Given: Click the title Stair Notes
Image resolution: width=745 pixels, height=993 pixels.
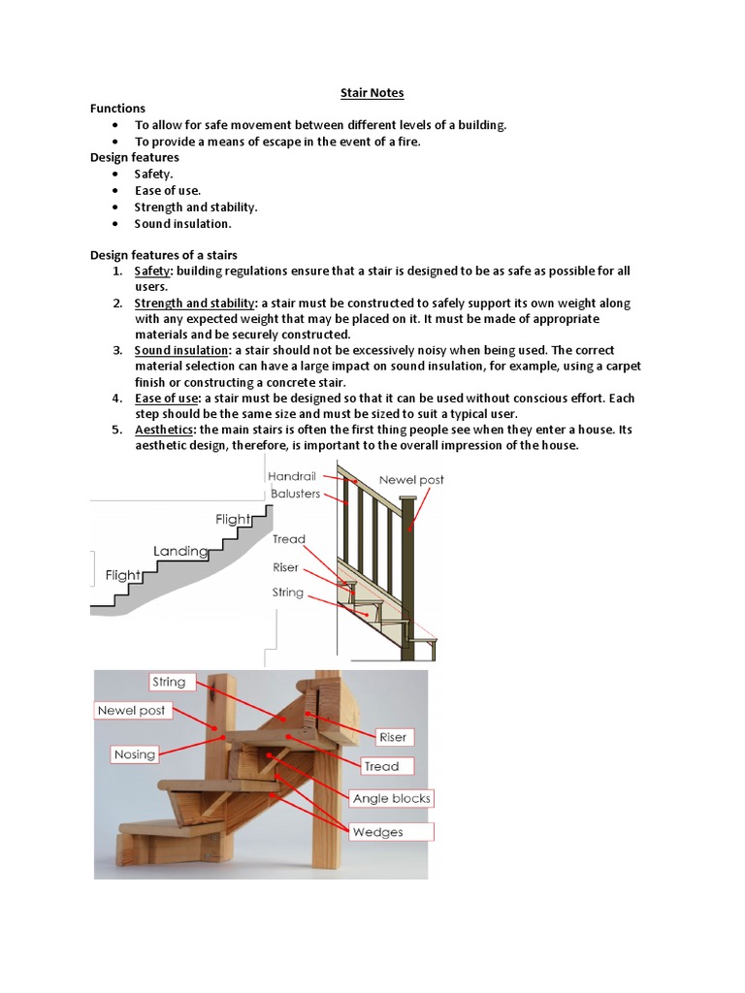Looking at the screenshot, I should pos(372,93).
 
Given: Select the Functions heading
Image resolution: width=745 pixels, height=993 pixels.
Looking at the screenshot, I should pos(117,109).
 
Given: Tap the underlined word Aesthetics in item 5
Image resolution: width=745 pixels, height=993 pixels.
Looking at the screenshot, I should pos(165,430).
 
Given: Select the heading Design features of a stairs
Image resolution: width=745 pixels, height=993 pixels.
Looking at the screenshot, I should pos(163,255).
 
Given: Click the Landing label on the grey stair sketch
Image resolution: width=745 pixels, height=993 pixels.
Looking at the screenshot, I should pos(180,551).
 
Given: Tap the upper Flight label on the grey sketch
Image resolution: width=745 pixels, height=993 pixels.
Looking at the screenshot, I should pos(233,519).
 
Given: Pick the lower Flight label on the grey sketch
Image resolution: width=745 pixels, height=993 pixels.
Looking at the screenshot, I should pos(123,575).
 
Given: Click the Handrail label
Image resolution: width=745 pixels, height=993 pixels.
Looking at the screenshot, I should pos(294,477).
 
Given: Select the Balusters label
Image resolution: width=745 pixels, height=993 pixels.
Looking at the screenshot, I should pos(295,494).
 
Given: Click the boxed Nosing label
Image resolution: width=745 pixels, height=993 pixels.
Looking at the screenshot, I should pos(134,754).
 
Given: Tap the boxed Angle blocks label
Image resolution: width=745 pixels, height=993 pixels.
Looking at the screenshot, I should pos(392,798).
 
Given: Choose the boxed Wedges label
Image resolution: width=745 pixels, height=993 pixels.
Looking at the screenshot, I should pos(378,831).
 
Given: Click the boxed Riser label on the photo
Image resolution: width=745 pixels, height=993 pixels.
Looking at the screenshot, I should pos(393,737).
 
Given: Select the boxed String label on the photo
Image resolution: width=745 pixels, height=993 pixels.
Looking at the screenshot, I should pos(169,682).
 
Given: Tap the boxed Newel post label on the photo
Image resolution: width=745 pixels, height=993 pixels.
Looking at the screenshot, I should pos(131,710).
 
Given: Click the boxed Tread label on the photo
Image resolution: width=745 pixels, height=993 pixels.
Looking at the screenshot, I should pos(381,766).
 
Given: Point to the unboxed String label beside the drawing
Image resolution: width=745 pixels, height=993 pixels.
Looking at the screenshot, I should pos(288,592).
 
